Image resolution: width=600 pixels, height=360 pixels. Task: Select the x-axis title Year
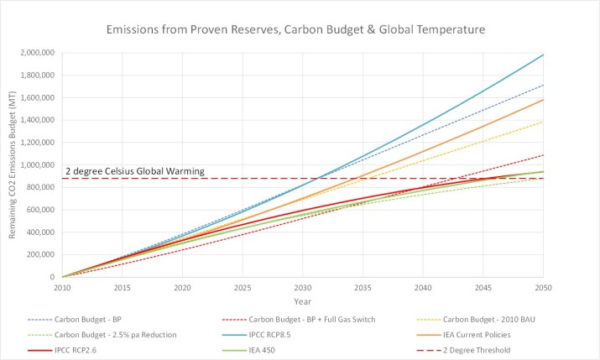click(x=303, y=300)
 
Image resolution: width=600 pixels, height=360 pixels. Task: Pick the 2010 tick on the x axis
click(x=62, y=287)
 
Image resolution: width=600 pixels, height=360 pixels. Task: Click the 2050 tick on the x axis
click(x=543, y=287)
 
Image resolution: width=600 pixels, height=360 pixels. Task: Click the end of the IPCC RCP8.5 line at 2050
click(x=543, y=55)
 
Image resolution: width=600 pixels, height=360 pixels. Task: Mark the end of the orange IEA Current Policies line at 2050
click(x=543, y=100)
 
